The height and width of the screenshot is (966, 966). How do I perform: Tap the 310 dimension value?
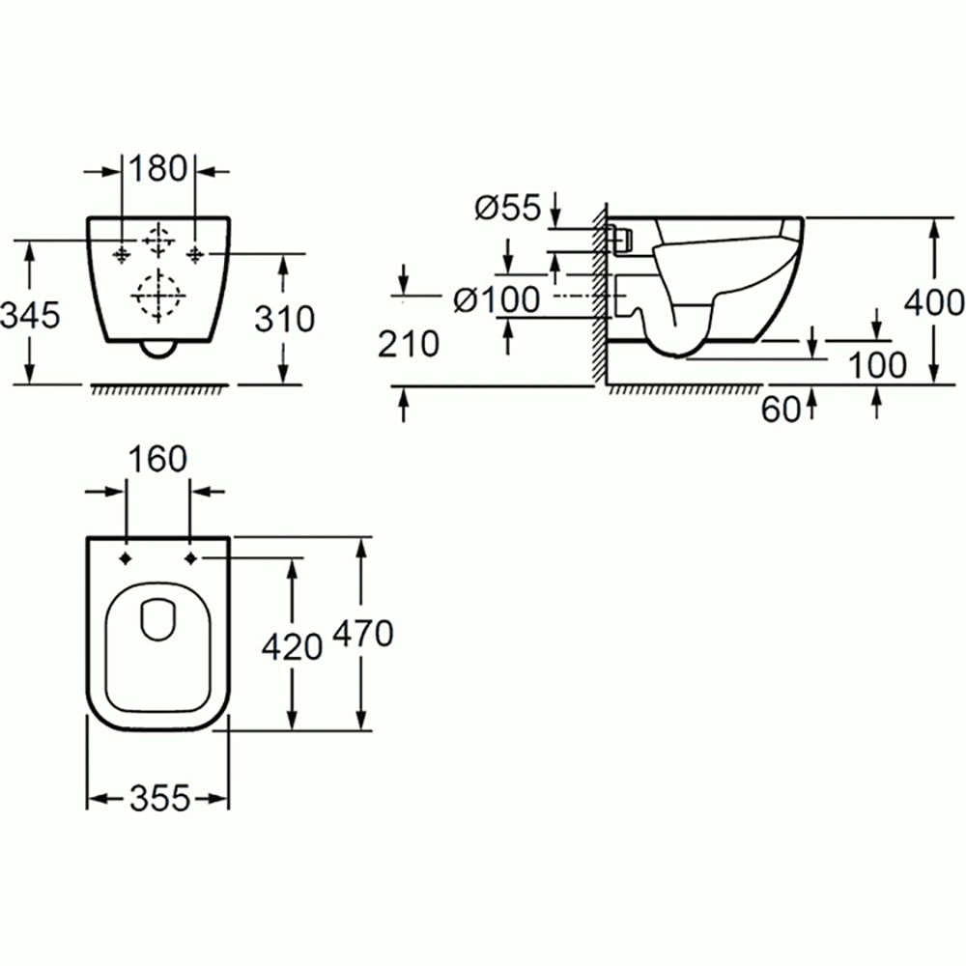click(x=286, y=318)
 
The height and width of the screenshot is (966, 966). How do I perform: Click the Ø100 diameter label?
click(x=497, y=300)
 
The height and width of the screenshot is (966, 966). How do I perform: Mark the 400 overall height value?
click(x=933, y=302)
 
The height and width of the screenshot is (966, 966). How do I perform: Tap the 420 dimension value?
click(x=292, y=647)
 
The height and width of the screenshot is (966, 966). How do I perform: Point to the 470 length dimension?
click(x=363, y=635)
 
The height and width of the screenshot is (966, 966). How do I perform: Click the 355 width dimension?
click(x=158, y=799)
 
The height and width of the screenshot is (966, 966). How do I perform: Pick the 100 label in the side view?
click(x=877, y=365)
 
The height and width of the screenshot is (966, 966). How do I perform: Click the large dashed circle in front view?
click(x=157, y=297)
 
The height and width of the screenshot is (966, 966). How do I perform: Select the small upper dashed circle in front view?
click(x=157, y=240)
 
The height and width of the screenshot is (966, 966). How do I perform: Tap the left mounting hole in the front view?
click(x=121, y=253)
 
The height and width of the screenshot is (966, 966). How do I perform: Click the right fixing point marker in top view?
click(x=190, y=558)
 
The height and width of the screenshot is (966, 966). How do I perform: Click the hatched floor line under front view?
click(x=159, y=388)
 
